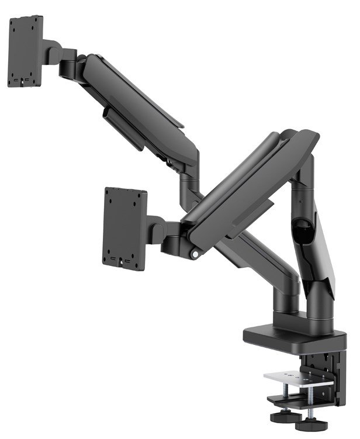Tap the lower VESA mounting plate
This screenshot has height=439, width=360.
(125, 229)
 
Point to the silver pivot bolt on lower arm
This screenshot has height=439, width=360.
(193, 255)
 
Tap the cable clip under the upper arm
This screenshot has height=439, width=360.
(124, 126)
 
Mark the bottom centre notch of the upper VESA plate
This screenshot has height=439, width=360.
(25, 84)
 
